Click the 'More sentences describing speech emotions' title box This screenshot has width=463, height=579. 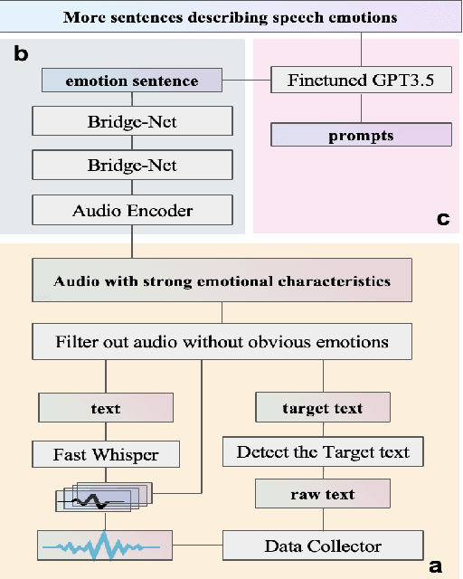coord(231,16)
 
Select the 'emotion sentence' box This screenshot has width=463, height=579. coord(131,81)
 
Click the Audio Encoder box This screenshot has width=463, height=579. coord(131,210)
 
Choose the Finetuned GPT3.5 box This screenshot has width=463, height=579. coord(361,81)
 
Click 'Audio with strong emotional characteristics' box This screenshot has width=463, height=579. coord(222,280)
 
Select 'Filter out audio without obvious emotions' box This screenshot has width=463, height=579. coord(222,342)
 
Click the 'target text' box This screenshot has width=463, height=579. coord(323,408)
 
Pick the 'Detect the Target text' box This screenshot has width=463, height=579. coord(323,451)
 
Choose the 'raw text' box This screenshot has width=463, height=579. coord(323,496)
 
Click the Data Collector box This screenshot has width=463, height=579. coord(323,546)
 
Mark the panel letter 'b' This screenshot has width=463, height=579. coord(20,54)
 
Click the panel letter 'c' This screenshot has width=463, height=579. coord(442,218)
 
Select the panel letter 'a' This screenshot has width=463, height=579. coord(436,565)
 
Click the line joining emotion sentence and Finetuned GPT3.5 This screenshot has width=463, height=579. coord(247,81)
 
